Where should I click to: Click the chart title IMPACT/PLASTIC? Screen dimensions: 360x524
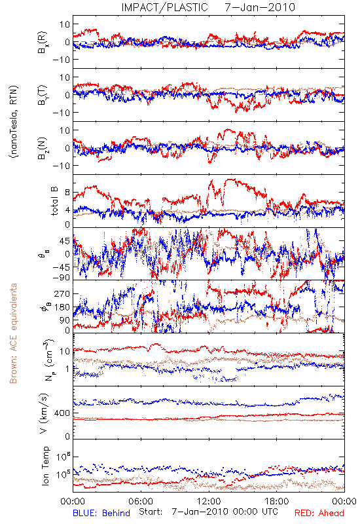tap(165, 7)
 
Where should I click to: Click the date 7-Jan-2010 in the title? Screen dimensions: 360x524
tap(260, 7)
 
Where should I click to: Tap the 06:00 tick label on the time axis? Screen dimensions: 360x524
tap(141, 501)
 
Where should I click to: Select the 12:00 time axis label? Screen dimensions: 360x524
tap(209, 501)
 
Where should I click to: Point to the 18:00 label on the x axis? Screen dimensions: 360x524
tap(277, 501)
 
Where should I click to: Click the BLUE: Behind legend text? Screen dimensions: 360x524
tap(101, 513)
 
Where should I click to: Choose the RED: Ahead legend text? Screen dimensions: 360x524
tap(319, 513)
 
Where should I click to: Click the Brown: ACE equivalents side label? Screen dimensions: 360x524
tap(13, 333)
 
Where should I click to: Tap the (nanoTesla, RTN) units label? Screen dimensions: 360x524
tap(14, 121)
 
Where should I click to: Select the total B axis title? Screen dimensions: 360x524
tap(54, 201)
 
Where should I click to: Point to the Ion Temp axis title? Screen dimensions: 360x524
tap(45, 466)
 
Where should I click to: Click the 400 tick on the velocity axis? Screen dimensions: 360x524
tap(62, 413)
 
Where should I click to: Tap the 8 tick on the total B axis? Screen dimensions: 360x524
tap(67, 193)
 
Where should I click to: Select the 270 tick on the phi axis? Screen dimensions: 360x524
tap(62, 293)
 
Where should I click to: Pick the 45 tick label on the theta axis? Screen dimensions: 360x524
tap(65, 241)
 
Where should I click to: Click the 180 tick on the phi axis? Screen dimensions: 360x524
tap(62, 307)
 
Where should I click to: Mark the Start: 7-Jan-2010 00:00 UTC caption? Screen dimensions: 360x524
tap(209, 512)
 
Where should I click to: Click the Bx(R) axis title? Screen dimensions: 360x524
tap(43, 42)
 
